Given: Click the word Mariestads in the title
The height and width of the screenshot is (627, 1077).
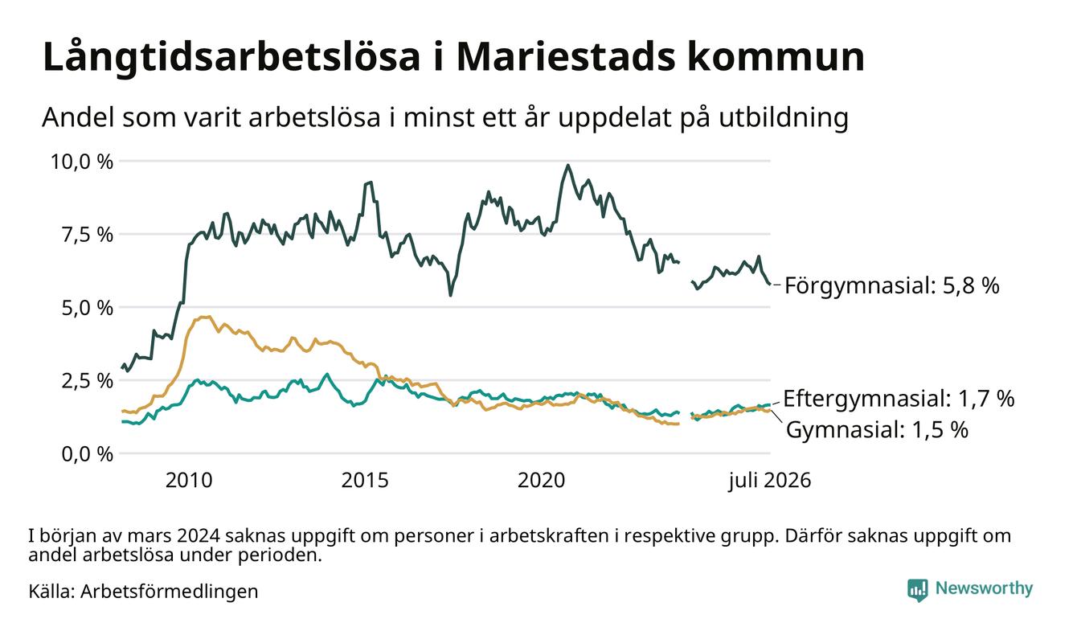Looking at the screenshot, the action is tap(565, 57).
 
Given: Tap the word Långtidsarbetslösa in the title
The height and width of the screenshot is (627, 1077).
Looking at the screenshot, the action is tap(231, 58).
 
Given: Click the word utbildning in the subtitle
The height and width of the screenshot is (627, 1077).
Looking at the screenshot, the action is tap(783, 118).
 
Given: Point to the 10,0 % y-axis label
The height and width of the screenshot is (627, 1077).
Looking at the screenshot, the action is tap(82, 162).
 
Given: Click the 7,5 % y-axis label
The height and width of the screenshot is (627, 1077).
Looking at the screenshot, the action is tap(87, 235).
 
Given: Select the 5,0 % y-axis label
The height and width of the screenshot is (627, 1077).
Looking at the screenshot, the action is tap(87, 308).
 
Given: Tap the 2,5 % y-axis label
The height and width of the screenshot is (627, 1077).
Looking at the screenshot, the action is tap(87, 381).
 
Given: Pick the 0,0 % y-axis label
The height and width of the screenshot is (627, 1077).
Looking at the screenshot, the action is tap(87, 454).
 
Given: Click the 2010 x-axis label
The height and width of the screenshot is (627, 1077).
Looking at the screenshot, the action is tap(189, 481).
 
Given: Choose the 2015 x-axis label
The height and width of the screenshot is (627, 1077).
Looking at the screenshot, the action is tap(365, 481).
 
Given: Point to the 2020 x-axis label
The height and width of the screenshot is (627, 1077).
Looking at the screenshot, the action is tap(542, 481).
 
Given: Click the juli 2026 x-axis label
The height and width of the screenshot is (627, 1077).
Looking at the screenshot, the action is tap(770, 481).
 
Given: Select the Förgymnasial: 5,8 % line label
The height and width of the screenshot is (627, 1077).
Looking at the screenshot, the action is tap(892, 286).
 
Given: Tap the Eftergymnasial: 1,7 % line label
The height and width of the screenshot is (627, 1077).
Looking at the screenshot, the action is tap(899, 399).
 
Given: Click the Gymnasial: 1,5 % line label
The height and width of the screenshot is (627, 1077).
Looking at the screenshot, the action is tap(877, 429).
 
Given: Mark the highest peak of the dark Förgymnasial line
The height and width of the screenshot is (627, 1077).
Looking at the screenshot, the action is tap(567, 166).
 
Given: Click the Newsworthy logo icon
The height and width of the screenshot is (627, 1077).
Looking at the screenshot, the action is tap(918, 590).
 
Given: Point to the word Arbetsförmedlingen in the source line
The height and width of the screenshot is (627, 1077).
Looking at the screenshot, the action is tap(170, 592).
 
